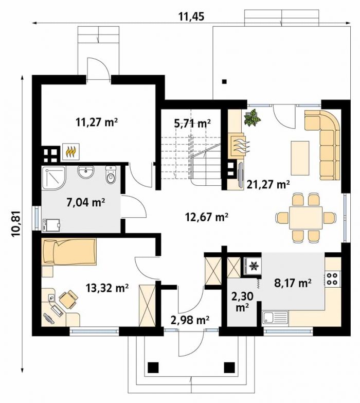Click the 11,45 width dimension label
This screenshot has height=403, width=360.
pyautogui.click(x=191, y=16)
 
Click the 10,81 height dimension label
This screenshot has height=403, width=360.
pyautogui.click(x=16, y=224)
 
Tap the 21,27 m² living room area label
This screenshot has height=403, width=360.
pyautogui.click(x=268, y=184)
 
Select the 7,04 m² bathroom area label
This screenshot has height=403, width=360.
pyautogui.click(x=85, y=202)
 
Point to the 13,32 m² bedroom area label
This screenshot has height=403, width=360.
pyautogui.click(x=107, y=288)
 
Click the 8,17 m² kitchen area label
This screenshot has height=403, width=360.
pyautogui.click(x=293, y=283)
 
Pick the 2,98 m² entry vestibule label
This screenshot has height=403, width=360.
pyautogui.click(x=190, y=320)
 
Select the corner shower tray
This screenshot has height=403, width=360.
pyautogui.click(x=54, y=178)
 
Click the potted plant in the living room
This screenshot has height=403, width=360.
pyautogui.click(x=252, y=117)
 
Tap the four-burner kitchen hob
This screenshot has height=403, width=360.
pyautogui.click(x=332, y=278)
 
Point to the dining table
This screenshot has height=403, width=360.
pyautogui.click(x=305, y=217)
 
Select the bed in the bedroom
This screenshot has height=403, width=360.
pyautogui.click(x=69, y=251)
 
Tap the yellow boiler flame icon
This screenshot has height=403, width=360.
pyautogui.click(x=71, y=151)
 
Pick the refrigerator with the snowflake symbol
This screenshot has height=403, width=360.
pyautogui.click(x=253, y=267)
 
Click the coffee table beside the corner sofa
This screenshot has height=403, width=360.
pyautogui.click(x=300, y=158)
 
